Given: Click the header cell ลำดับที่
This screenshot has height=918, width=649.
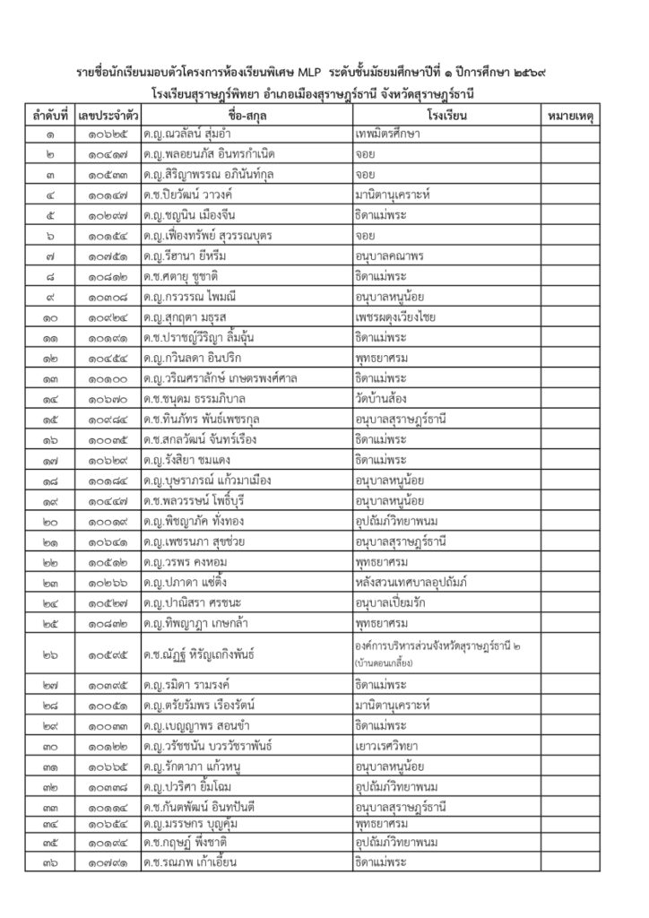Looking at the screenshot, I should (x=51, y=117).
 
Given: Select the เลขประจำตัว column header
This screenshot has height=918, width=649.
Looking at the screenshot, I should (x=108, y=117).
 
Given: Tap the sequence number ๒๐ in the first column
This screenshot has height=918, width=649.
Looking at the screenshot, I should (x=51, y=521).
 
